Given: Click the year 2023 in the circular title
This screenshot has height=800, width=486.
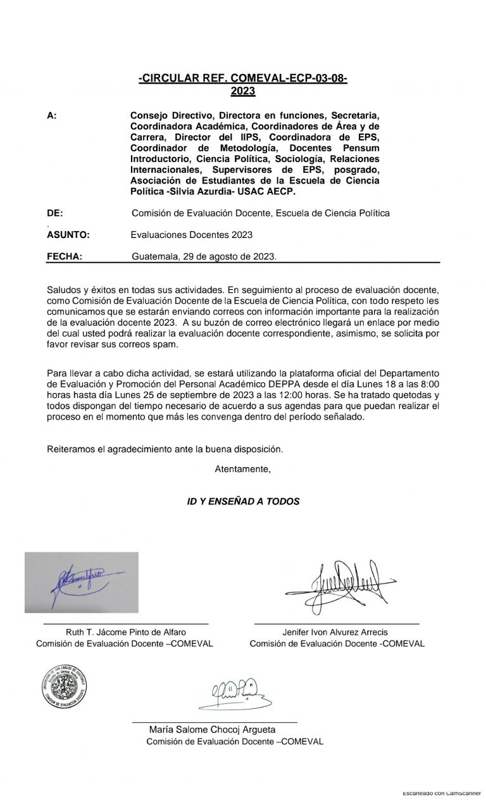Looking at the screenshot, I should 243,91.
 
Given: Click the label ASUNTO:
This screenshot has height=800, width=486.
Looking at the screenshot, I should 68,235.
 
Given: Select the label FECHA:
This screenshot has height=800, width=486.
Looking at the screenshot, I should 65,256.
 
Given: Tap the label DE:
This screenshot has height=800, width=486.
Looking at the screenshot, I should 55,213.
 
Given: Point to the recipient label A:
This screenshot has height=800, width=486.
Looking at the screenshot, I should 52,116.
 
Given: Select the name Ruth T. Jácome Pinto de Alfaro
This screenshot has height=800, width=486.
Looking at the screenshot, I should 126,632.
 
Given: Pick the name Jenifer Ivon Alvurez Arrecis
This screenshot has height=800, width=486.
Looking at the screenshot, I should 335,632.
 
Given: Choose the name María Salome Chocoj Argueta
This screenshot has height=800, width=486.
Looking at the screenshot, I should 212,730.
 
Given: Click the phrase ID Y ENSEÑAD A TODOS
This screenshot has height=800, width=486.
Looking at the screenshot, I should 244,501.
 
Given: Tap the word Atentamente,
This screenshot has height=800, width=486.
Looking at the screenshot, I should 243,470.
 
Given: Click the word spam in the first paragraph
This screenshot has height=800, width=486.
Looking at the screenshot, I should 167,344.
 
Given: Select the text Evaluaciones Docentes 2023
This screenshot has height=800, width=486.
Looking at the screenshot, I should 192,235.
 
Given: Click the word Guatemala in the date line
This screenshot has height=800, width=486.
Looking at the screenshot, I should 153,256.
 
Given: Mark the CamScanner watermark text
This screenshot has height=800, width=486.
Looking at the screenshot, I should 441,792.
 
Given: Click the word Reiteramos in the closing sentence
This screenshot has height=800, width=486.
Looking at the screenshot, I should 69,449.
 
